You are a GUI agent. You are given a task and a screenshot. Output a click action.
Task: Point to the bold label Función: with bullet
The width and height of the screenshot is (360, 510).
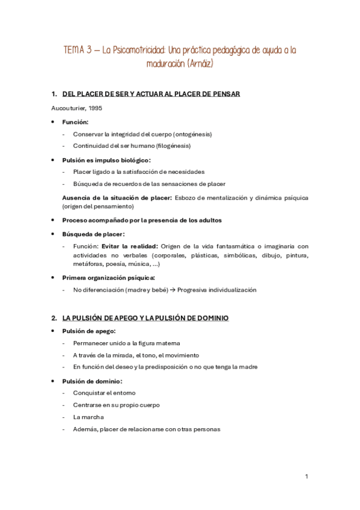click(76, 122)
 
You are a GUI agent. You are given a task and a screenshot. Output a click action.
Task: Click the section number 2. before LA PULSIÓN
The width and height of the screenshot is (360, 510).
click(54, 318)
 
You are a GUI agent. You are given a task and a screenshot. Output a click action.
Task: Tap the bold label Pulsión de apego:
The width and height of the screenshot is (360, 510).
click(89, 331)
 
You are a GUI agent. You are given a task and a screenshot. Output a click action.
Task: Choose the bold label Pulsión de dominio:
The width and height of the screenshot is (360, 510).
click(92, 381)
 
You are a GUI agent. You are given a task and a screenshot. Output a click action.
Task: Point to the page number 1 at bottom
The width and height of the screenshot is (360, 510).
click(306, 477)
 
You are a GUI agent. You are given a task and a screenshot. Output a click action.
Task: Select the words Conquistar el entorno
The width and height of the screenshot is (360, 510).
click(104, 393)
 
